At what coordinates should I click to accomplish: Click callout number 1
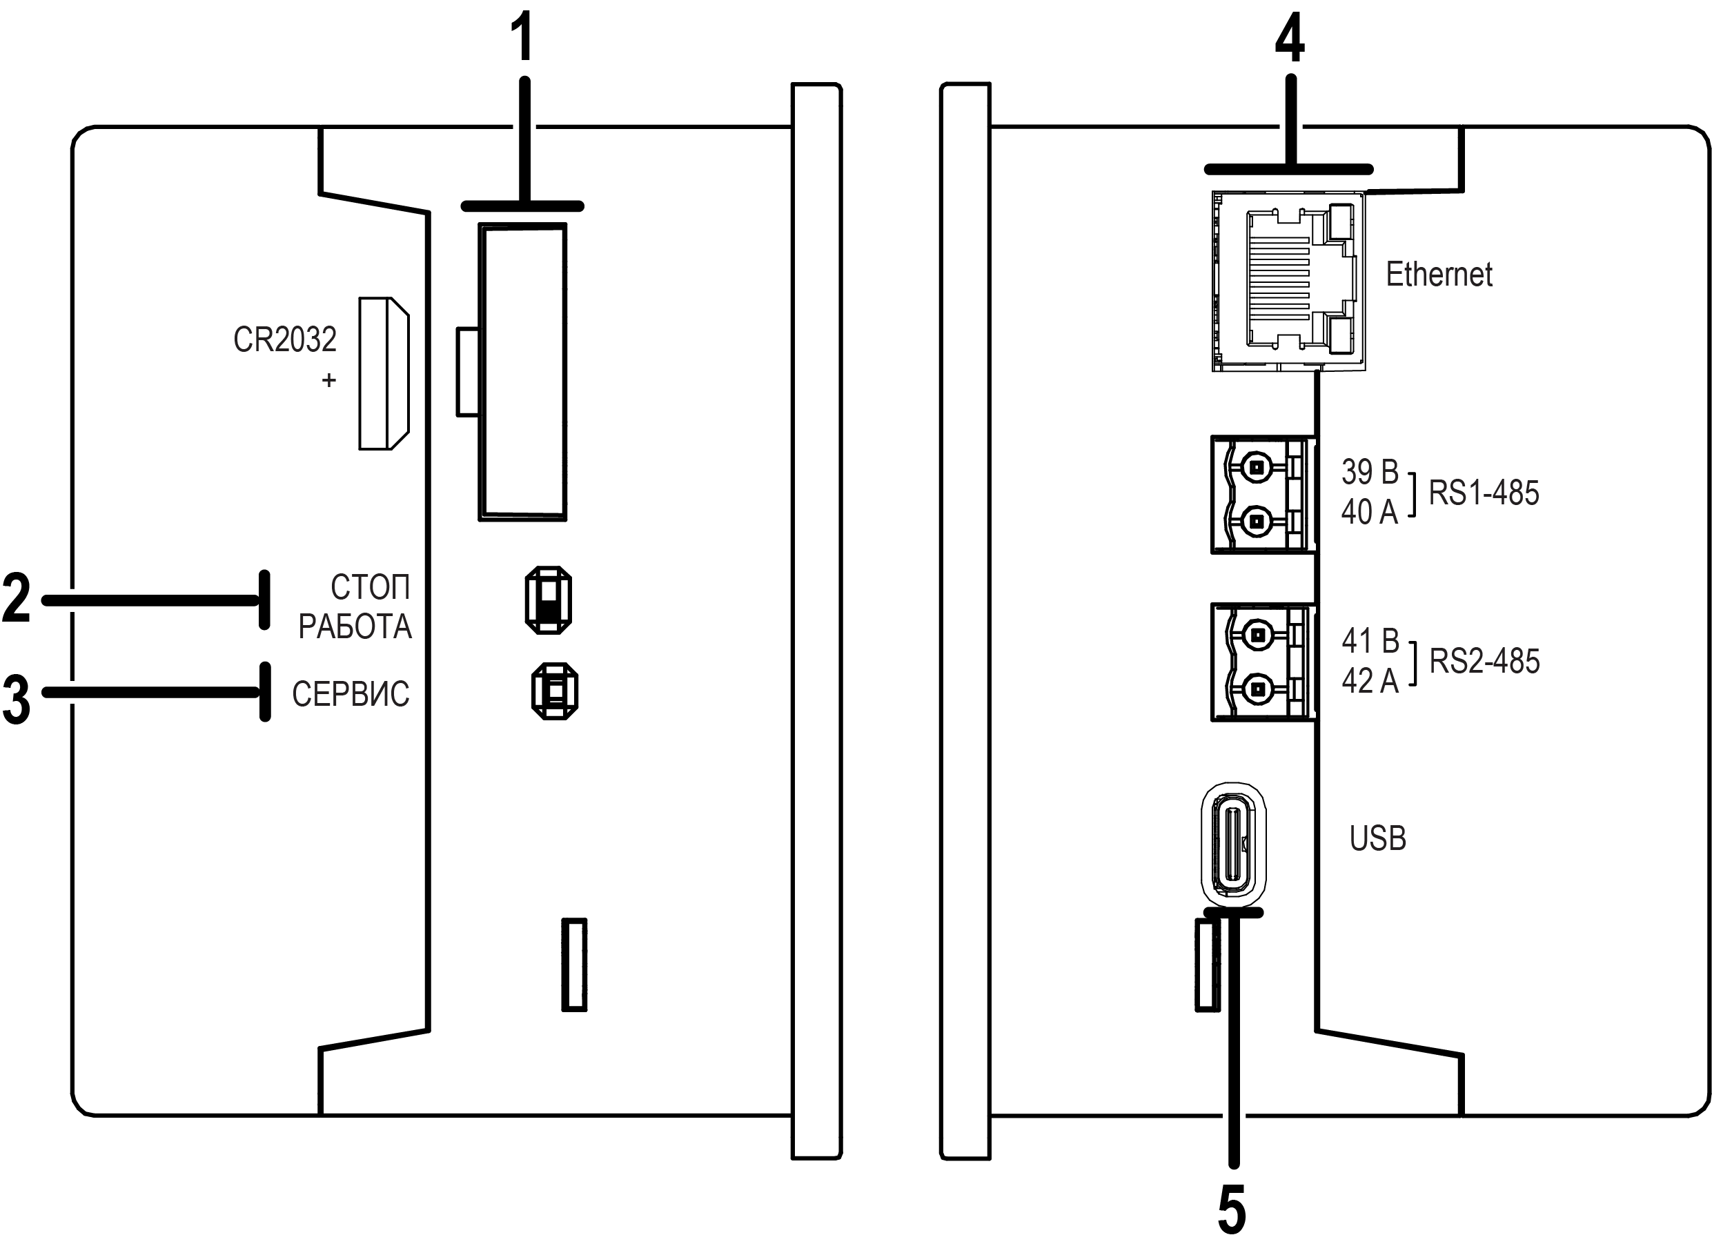(x=522, y=38)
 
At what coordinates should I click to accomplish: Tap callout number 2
(x=16, y=599)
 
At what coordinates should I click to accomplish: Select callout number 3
(x=16, y=699)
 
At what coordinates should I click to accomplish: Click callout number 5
(x=1232, y=1210)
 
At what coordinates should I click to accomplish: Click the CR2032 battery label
(x=284, y=339)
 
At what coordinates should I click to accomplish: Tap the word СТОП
(x=370, y=587)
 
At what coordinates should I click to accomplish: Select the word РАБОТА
(x=355, y=626)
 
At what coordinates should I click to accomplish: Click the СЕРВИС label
(x=351, y=693)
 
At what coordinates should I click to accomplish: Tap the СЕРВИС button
(x=555, y=691)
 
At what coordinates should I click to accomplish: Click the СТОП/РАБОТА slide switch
(x=548, y=600)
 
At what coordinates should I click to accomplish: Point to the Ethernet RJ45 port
(x=1288, y=281)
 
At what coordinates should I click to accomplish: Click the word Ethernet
(x=1439, y=274)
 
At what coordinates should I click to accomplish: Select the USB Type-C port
(x=1233, y=844)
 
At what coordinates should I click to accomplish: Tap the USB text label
(x=1377, y=839)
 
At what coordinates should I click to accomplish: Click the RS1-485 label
(x=1484, y=493)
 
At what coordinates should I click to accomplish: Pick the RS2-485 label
(x=1484, y=661)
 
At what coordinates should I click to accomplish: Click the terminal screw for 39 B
(x=1257, y=467)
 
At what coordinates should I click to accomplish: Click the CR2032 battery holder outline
(x=384, y=373)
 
